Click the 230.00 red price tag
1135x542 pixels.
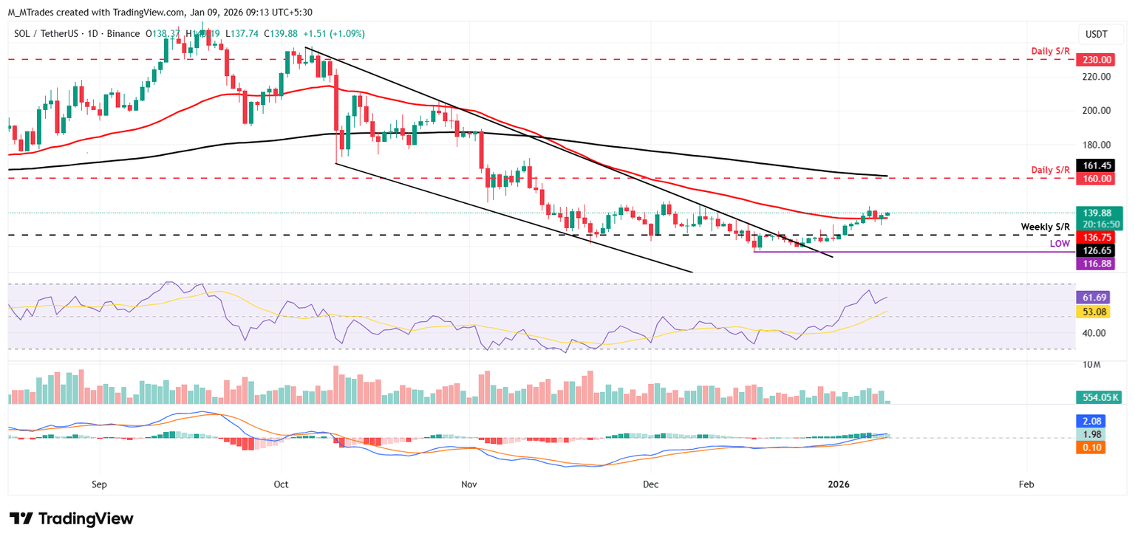click(x=1091, y=60)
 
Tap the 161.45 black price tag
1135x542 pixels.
click(x=1091, y=165)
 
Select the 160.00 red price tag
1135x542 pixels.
click(x=1091, y=179)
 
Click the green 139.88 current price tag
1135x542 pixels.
click(x=1091, y=213)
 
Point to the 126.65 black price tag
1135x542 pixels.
click(x=1091, y=250)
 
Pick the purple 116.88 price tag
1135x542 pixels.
click(x=1091, y=264)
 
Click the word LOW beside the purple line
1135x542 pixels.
click(x=1059, y=244)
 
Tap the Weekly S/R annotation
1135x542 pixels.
click(x=1045, y=227)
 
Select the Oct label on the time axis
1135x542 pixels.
click(x=281, y=484)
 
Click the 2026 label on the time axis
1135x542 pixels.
click(x=839, y=484)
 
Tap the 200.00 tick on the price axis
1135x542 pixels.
click(x=1091, y=111)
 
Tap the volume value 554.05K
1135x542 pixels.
click(x=1097, y=397)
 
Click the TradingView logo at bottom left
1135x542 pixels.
click(x=72, y=518)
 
